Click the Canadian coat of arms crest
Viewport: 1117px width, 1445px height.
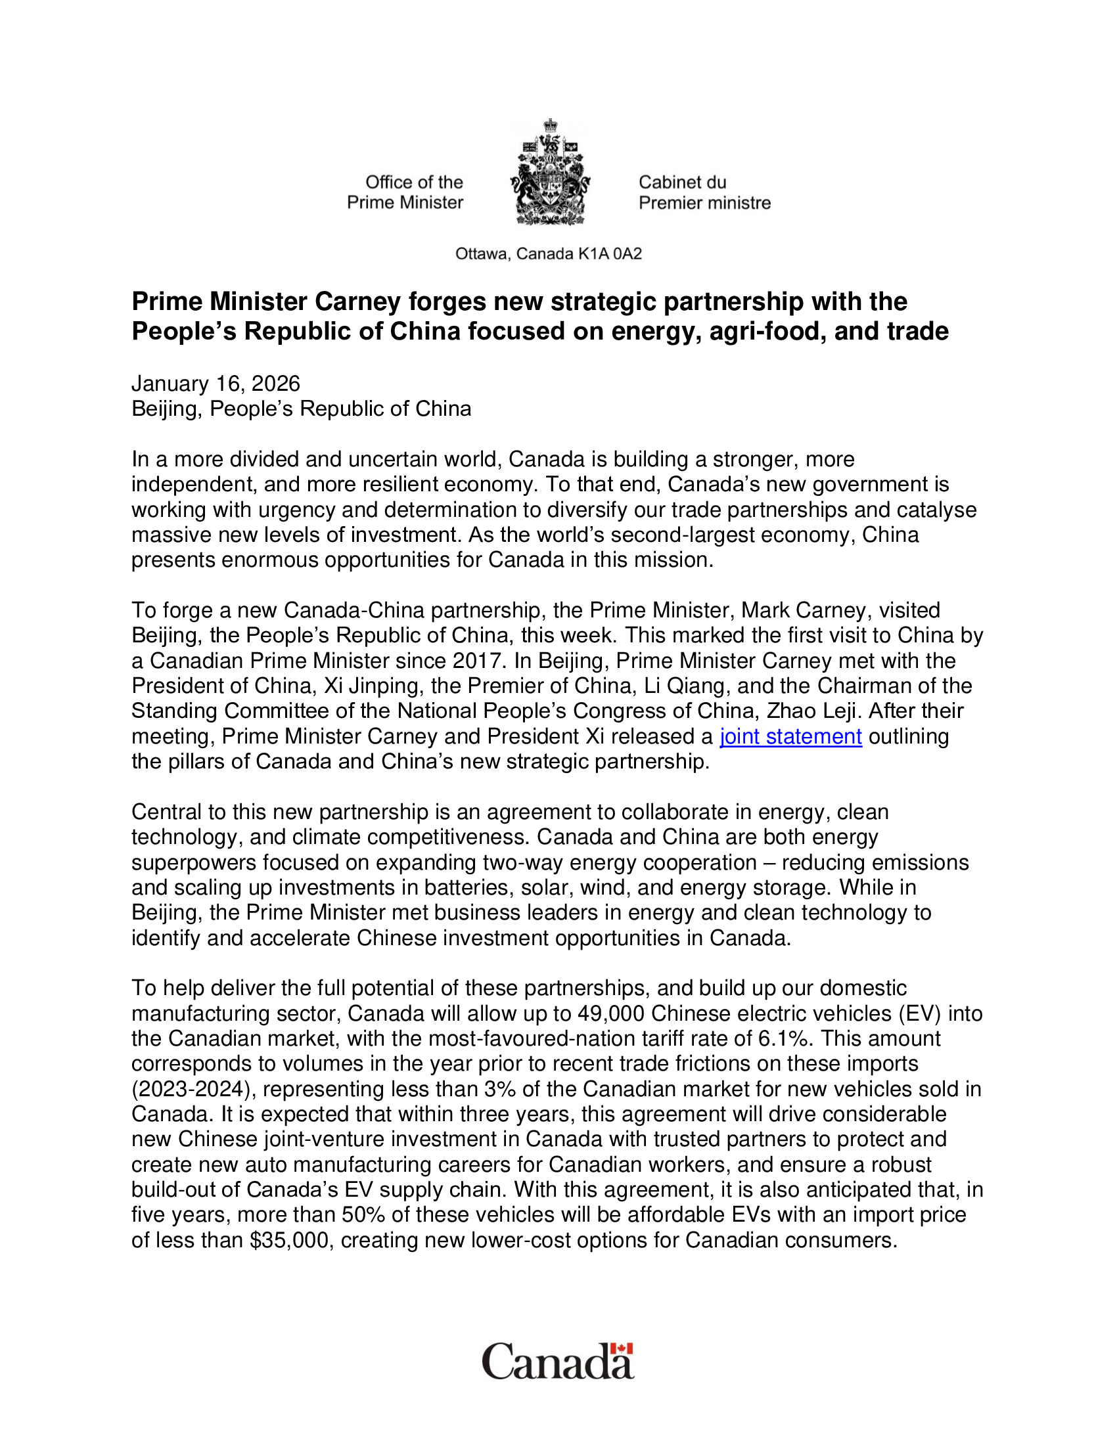coord(550,173)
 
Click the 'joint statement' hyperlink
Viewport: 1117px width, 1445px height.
coord(790,736)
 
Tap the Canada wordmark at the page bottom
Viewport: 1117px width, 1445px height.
coord(557,1362)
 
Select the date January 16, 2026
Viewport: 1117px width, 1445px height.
coord(216,384)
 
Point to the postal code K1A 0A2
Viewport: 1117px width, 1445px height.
coord(610,254)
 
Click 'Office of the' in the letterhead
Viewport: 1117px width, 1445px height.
coord(414,182)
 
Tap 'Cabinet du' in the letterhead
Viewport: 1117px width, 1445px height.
coord(682,182)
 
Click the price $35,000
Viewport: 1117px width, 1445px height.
coord(290,1240)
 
